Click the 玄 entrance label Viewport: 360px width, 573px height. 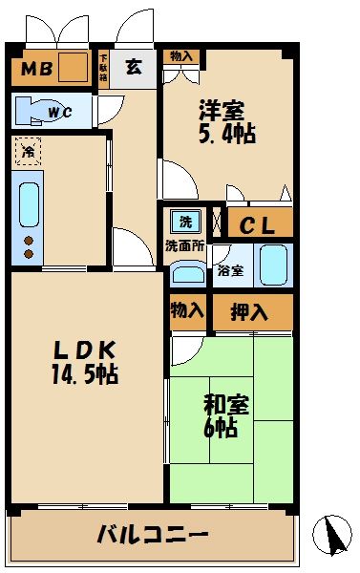134,67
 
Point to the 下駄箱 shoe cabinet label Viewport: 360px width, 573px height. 104,68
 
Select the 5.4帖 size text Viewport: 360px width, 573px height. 225,134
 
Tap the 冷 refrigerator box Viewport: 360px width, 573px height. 29,151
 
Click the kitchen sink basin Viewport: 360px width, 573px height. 27,203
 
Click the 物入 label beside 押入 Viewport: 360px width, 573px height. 187,311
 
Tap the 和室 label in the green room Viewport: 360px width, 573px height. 226,406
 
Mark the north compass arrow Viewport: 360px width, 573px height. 333,535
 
